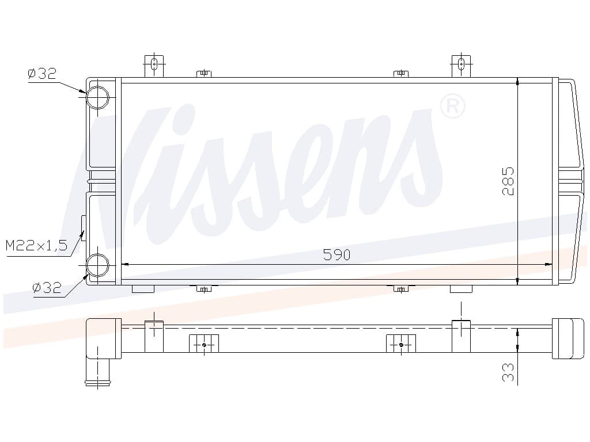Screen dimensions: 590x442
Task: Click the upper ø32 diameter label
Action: tap(41, 73)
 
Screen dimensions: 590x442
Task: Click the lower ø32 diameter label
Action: tap(47, 288)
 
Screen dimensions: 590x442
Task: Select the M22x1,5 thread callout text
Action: tap(36, 245)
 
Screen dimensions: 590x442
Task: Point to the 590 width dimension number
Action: tap(336, 255)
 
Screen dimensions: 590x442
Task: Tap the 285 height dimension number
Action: tap(508, 181)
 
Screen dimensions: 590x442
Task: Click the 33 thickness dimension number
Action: tap(508, 372)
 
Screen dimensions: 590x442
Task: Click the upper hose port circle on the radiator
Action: tap(97, 97)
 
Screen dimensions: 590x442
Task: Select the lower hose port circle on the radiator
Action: tap(97, 265)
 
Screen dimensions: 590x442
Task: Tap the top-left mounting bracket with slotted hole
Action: tap(154, 66)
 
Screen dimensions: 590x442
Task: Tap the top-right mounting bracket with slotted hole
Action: tap(461, 66)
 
